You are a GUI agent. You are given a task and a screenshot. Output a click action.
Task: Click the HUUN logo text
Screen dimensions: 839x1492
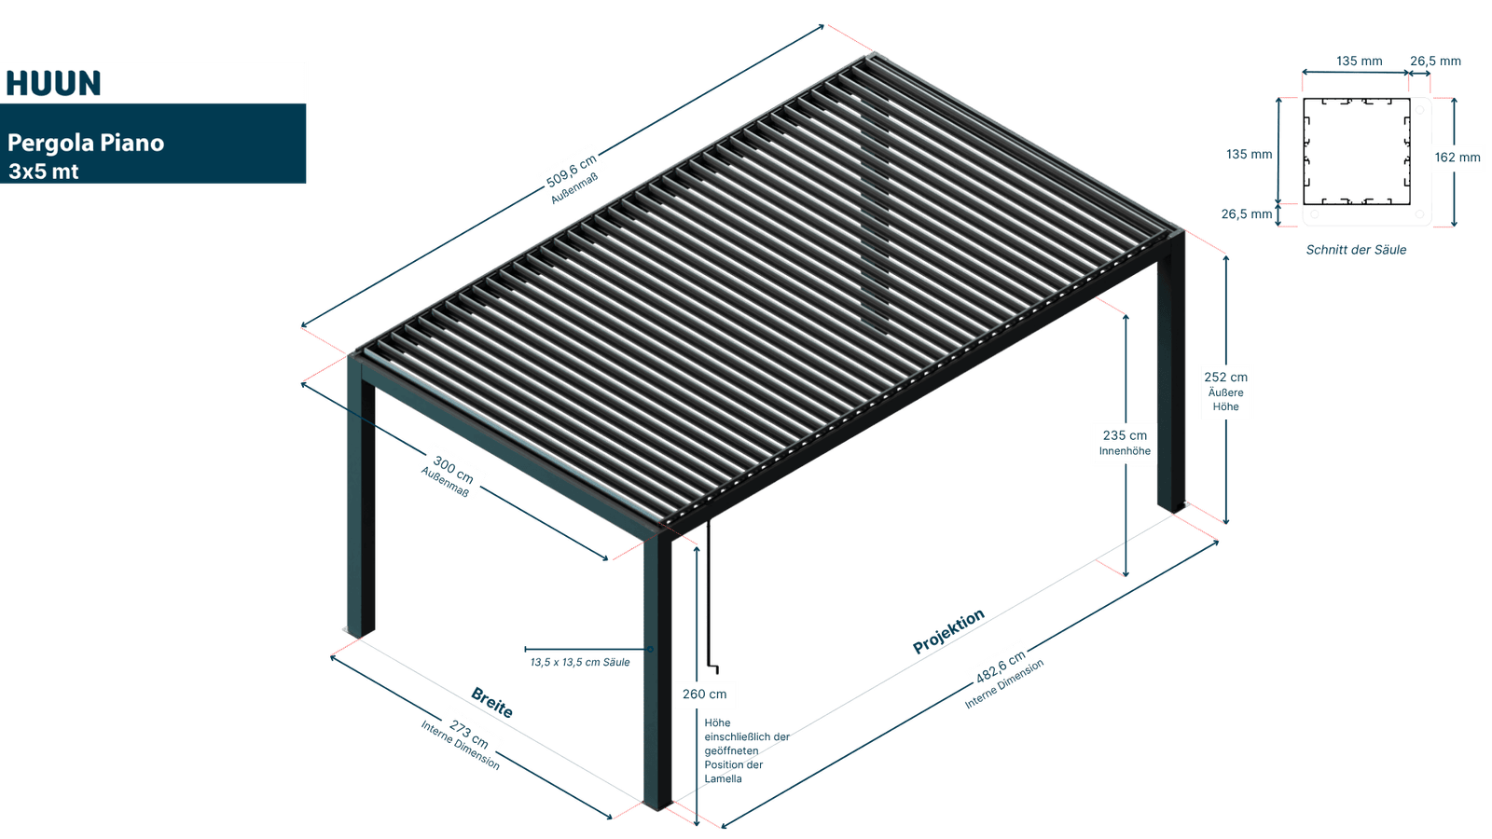(x=53, y=83)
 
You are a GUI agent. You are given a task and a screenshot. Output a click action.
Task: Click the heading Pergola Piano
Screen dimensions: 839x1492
(x=86, y=143)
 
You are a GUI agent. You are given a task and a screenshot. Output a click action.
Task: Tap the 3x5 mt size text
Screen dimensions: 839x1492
(x=44, y=172)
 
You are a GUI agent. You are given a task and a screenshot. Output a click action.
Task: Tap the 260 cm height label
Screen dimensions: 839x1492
(x=704, y=695)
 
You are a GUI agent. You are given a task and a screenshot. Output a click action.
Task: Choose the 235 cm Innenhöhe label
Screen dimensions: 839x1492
(x=1125, y=443)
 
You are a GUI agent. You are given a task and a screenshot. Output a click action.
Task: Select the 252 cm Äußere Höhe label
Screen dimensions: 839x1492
(x=1225, y=391)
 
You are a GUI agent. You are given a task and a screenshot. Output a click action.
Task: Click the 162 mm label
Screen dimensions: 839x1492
(x=1457, y=158)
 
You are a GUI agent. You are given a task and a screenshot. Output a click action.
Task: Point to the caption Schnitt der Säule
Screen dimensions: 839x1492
(x=1356, y=250)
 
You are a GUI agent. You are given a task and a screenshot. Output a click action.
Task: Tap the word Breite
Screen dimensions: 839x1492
(x=492, y=701)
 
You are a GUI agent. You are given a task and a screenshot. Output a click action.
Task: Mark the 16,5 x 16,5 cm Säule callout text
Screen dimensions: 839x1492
(x=580, y=662)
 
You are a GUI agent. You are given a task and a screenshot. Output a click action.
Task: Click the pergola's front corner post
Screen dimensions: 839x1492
(x=658, y=671)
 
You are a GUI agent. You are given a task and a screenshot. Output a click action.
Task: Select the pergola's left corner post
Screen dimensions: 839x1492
(x=361, y=503)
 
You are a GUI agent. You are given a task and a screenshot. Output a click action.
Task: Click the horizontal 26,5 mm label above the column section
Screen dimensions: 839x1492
(x=1435, y=62)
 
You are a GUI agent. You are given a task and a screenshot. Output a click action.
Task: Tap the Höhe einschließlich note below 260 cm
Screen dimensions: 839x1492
(x=737, y=750)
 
